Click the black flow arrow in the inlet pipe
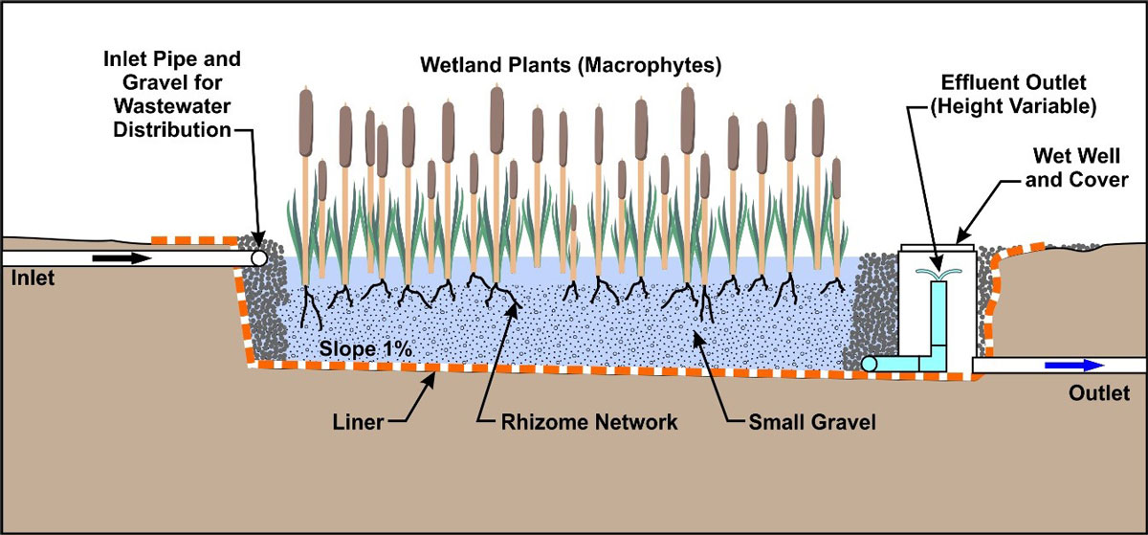pyautogui.click(x=121, y=257)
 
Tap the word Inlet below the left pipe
pyautogui.click(x=29, y=279)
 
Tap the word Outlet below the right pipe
pyautogui.click(x=1099, y=392)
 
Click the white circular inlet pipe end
pyautogui.click(x=257, y=257)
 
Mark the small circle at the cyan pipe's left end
pyautogui.click(x=869, y=364)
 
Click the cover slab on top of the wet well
pyautogui.click(x=937, y=247)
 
